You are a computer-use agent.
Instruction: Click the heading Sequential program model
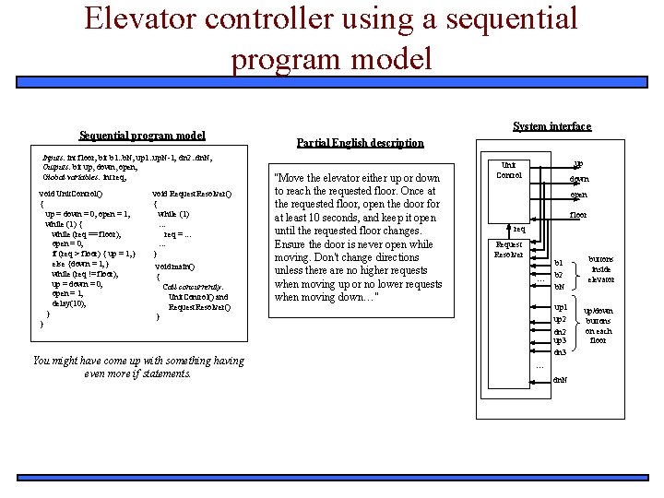pos(142,136)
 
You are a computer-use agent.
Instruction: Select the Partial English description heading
pos(360,143)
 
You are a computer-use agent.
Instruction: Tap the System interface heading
pos(551,126)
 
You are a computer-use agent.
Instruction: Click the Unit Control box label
pos(509,169)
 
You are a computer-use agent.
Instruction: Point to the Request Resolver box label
pos(508,249)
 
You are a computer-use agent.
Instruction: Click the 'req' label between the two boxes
pos(519,229)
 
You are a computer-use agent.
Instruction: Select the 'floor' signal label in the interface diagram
pos(578,214)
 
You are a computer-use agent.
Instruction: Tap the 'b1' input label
pos(558,263)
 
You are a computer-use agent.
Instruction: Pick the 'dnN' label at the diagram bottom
pos(560,380)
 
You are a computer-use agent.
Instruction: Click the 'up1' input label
pos(560,306)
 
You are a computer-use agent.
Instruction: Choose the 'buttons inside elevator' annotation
pos(600,269)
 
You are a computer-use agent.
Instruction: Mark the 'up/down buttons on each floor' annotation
pos(598,326)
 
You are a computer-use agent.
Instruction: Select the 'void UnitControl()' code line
pos(71,194)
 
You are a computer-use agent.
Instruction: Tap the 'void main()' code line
pos(174,266)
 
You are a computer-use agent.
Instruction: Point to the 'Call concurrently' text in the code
pos(193,287)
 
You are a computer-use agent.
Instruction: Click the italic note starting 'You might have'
pos(138,367)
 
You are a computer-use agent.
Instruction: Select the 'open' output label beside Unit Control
pos(578,195)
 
